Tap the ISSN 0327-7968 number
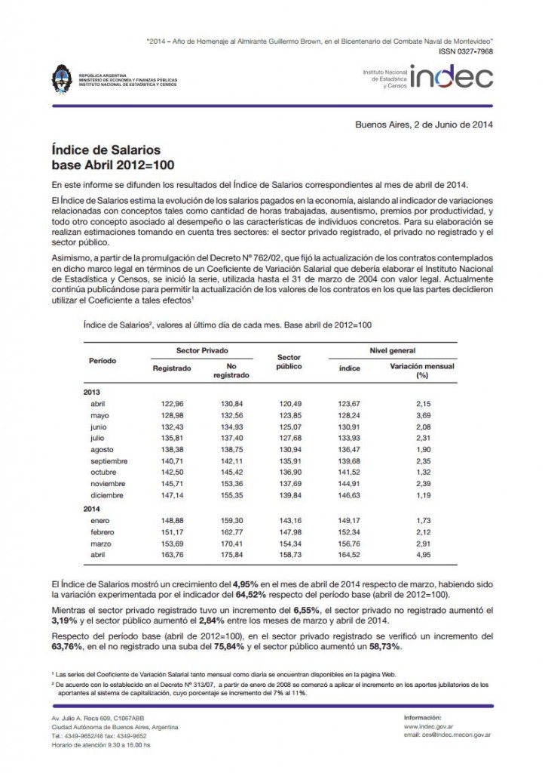click(x=465, y=51)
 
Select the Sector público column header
click(x=289, y=361)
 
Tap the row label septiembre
click(x=109, y=460)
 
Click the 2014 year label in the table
click(x=92, y=510)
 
